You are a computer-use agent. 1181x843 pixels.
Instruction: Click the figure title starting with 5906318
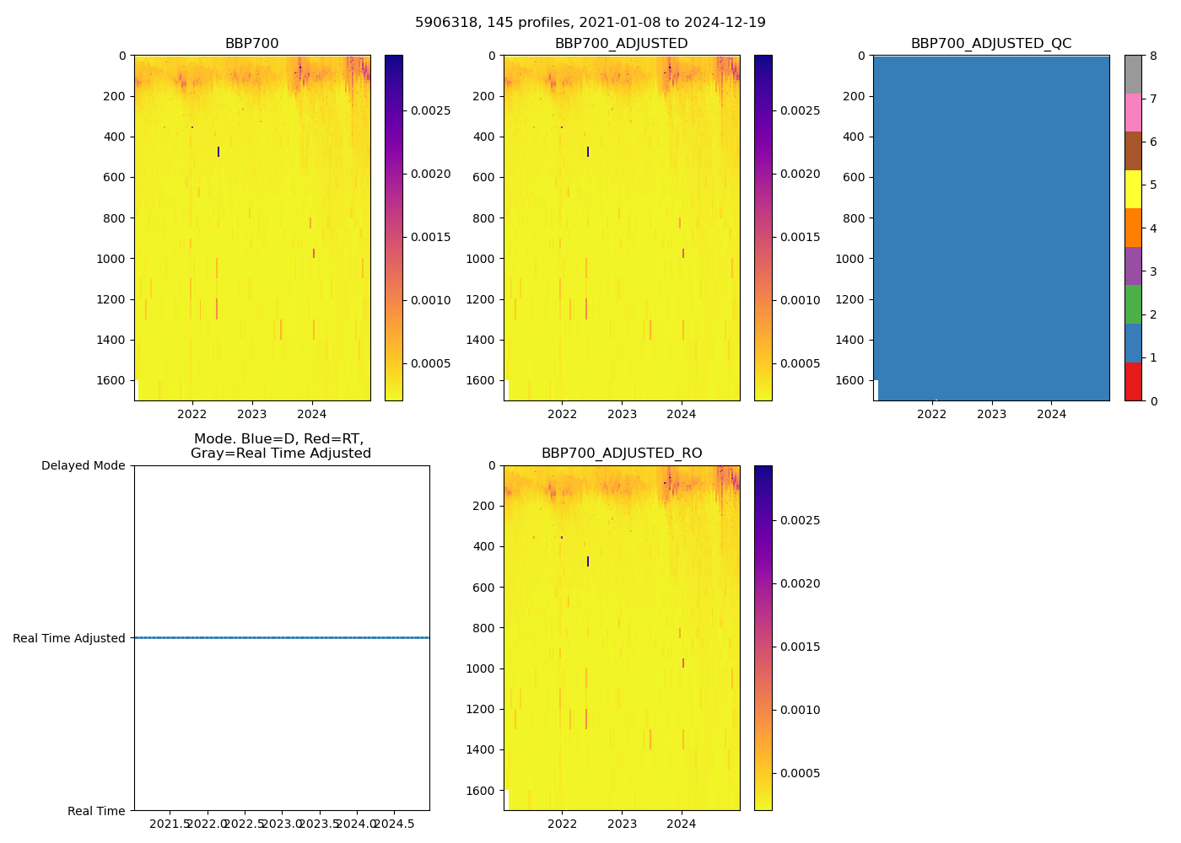pyautogui.click(x=590, y=23)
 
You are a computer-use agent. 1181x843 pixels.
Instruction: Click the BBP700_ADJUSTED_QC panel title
pyautogui.click(x=990, y=44)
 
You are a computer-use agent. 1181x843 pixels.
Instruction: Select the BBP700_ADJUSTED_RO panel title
pyautogui.click(x=621, y=454)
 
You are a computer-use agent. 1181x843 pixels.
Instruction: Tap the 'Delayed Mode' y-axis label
pyautogui.click(x=83, y=466)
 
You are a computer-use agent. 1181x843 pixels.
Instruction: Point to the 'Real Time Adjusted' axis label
pyautogui.click(x=68, y=639)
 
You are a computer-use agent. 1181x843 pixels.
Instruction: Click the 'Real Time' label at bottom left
pyautogui.click(x=96, y=811)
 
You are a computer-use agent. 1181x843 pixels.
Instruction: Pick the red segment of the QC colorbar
pyautogui.click(x=1133, y=382)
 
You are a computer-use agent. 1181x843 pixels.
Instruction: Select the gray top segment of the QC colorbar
pyautogui.click(x=1133, y=74)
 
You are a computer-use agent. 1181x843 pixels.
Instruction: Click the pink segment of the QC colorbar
pyautogui.click(x=1133, y=113)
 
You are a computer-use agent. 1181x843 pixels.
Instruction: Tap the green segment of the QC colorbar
pyautogui.click(x=1133, y=304)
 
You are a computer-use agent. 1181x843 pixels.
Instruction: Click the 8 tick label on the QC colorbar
pyautogui.click(x=1153, y=56)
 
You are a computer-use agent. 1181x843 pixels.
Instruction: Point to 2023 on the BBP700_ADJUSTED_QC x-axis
pyautogui.click(x=991, y=414)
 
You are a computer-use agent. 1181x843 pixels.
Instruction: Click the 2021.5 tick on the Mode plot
pyautogui.click(x=171, y=824)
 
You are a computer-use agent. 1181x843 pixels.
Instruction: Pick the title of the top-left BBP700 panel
pyautogui.click(x=251, y=44)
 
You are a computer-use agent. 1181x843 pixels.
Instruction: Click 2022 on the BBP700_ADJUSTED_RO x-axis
pyautogui.click(x=562, y=824)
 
